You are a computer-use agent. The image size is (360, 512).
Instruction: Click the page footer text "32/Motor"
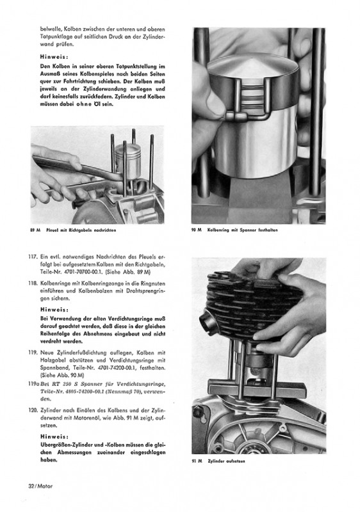tap(40, 486)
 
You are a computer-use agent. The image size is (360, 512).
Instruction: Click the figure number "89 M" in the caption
tap(35, 230)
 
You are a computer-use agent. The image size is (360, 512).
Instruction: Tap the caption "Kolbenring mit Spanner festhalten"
tap(242, 230)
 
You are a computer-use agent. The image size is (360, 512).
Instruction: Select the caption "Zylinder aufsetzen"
tap(226, 461)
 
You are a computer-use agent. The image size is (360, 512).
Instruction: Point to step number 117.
tap(33, 257)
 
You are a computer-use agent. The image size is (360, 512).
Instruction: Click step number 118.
tap(33, 283)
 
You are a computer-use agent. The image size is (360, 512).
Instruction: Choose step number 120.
tap(33, 410)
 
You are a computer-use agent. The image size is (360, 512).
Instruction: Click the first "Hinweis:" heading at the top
tap(54, 56)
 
